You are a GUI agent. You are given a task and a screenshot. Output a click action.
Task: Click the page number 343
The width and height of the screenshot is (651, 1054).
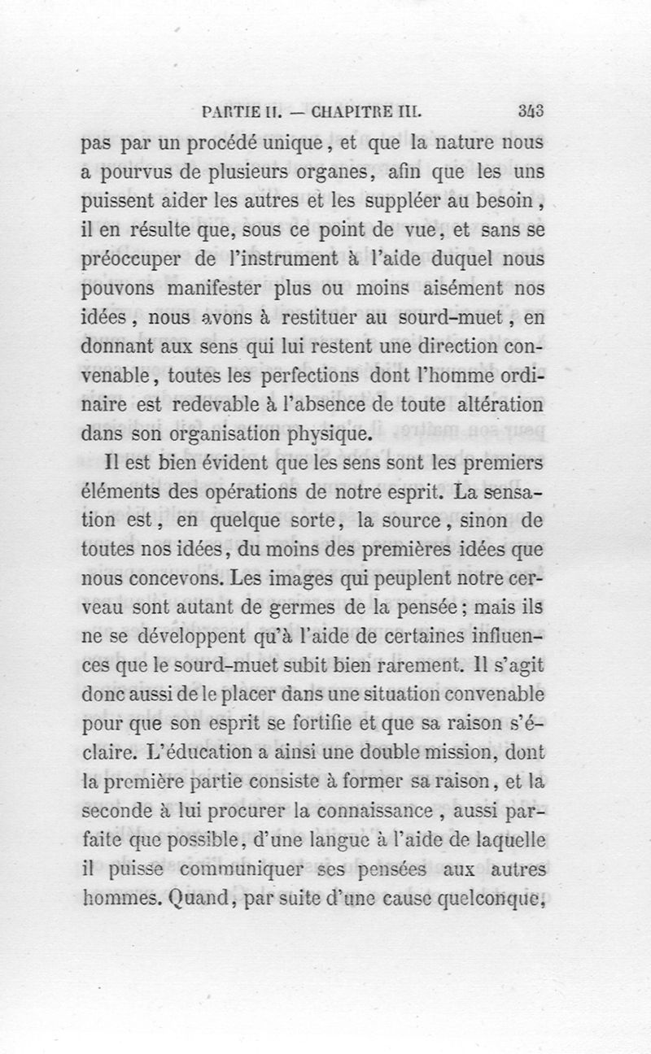[x=530, y=111]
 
